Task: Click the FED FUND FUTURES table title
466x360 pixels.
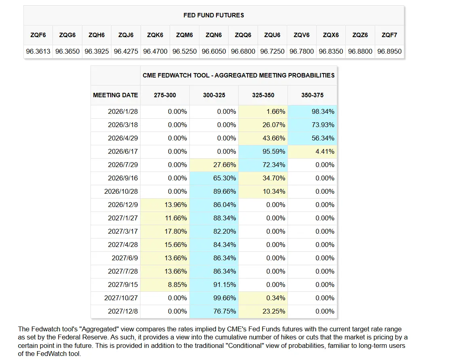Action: [x=214, y=15]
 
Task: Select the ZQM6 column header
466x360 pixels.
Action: [x=185, y=35]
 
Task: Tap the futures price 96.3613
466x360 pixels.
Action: [x=38, y=52]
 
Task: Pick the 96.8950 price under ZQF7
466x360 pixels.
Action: [x=389, y=52]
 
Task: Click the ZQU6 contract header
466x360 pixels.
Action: [x=272, y=35]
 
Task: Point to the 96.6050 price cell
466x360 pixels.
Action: [x=214, y=52]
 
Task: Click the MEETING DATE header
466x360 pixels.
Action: [x=115, y=95]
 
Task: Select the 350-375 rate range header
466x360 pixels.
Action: [x=312, y=95]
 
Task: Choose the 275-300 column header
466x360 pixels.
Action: [x=165, y=95]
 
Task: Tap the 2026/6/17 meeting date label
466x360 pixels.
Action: [x=123, y=152]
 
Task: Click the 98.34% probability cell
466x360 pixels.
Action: [x=323, y=112]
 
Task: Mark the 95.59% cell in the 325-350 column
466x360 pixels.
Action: [x=274, y=152]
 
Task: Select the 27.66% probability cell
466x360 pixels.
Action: [x=225, y=165]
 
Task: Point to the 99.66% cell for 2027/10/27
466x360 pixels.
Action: [x=225, y=298]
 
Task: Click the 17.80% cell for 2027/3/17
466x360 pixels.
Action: [x=176, y=232]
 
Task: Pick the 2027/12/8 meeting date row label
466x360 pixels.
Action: [x=123, y=312]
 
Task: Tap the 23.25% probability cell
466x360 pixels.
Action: [x=274, y=312]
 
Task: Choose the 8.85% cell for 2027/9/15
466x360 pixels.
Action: [x=177, y=285]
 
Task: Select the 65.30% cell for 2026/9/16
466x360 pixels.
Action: [x=225, y=178]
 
